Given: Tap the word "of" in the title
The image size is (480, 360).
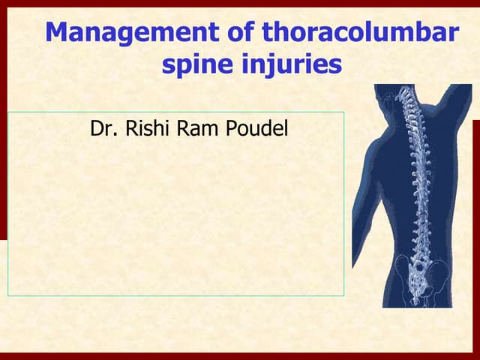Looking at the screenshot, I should [x=237, y=33].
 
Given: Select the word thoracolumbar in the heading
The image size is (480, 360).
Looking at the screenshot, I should [x=360, y=33].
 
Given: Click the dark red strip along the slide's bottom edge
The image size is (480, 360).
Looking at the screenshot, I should [x=240, y=356].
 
